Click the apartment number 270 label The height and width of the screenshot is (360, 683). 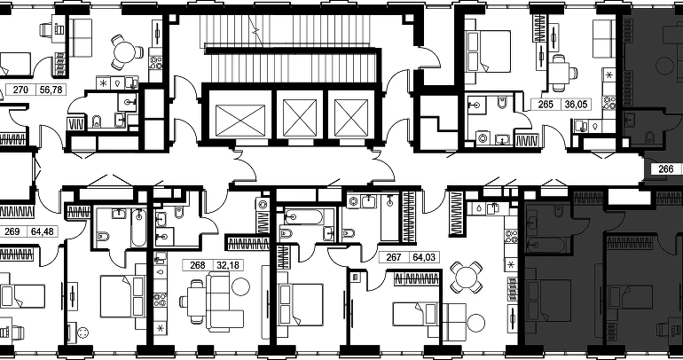coord(20,90)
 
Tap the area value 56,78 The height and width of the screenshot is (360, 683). coord(51,90)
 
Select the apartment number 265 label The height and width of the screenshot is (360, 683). coord(546,105)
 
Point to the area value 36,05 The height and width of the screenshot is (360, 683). coord(576,105)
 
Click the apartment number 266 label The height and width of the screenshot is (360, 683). coord(666,168)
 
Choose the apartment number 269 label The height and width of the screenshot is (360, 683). coord(12,231)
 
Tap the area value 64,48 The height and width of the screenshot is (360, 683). coord(43,231)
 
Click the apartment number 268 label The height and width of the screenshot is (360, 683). coord(197,265)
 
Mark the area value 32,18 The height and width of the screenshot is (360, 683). coord(228,265)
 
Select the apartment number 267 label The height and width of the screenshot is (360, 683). coord(393,257)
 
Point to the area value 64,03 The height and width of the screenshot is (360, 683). coord(424,257)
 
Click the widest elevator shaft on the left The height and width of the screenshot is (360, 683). coord(240,121)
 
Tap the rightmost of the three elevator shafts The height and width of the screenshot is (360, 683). coord(351,117)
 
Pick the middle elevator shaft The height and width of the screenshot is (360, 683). coord(300,117)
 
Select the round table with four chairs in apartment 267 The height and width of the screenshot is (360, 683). coord(466,278)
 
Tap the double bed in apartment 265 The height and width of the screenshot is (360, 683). coord(488,51)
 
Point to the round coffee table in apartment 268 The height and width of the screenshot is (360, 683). coord(241,286)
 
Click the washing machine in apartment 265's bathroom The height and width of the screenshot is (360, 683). coord(483,138)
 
